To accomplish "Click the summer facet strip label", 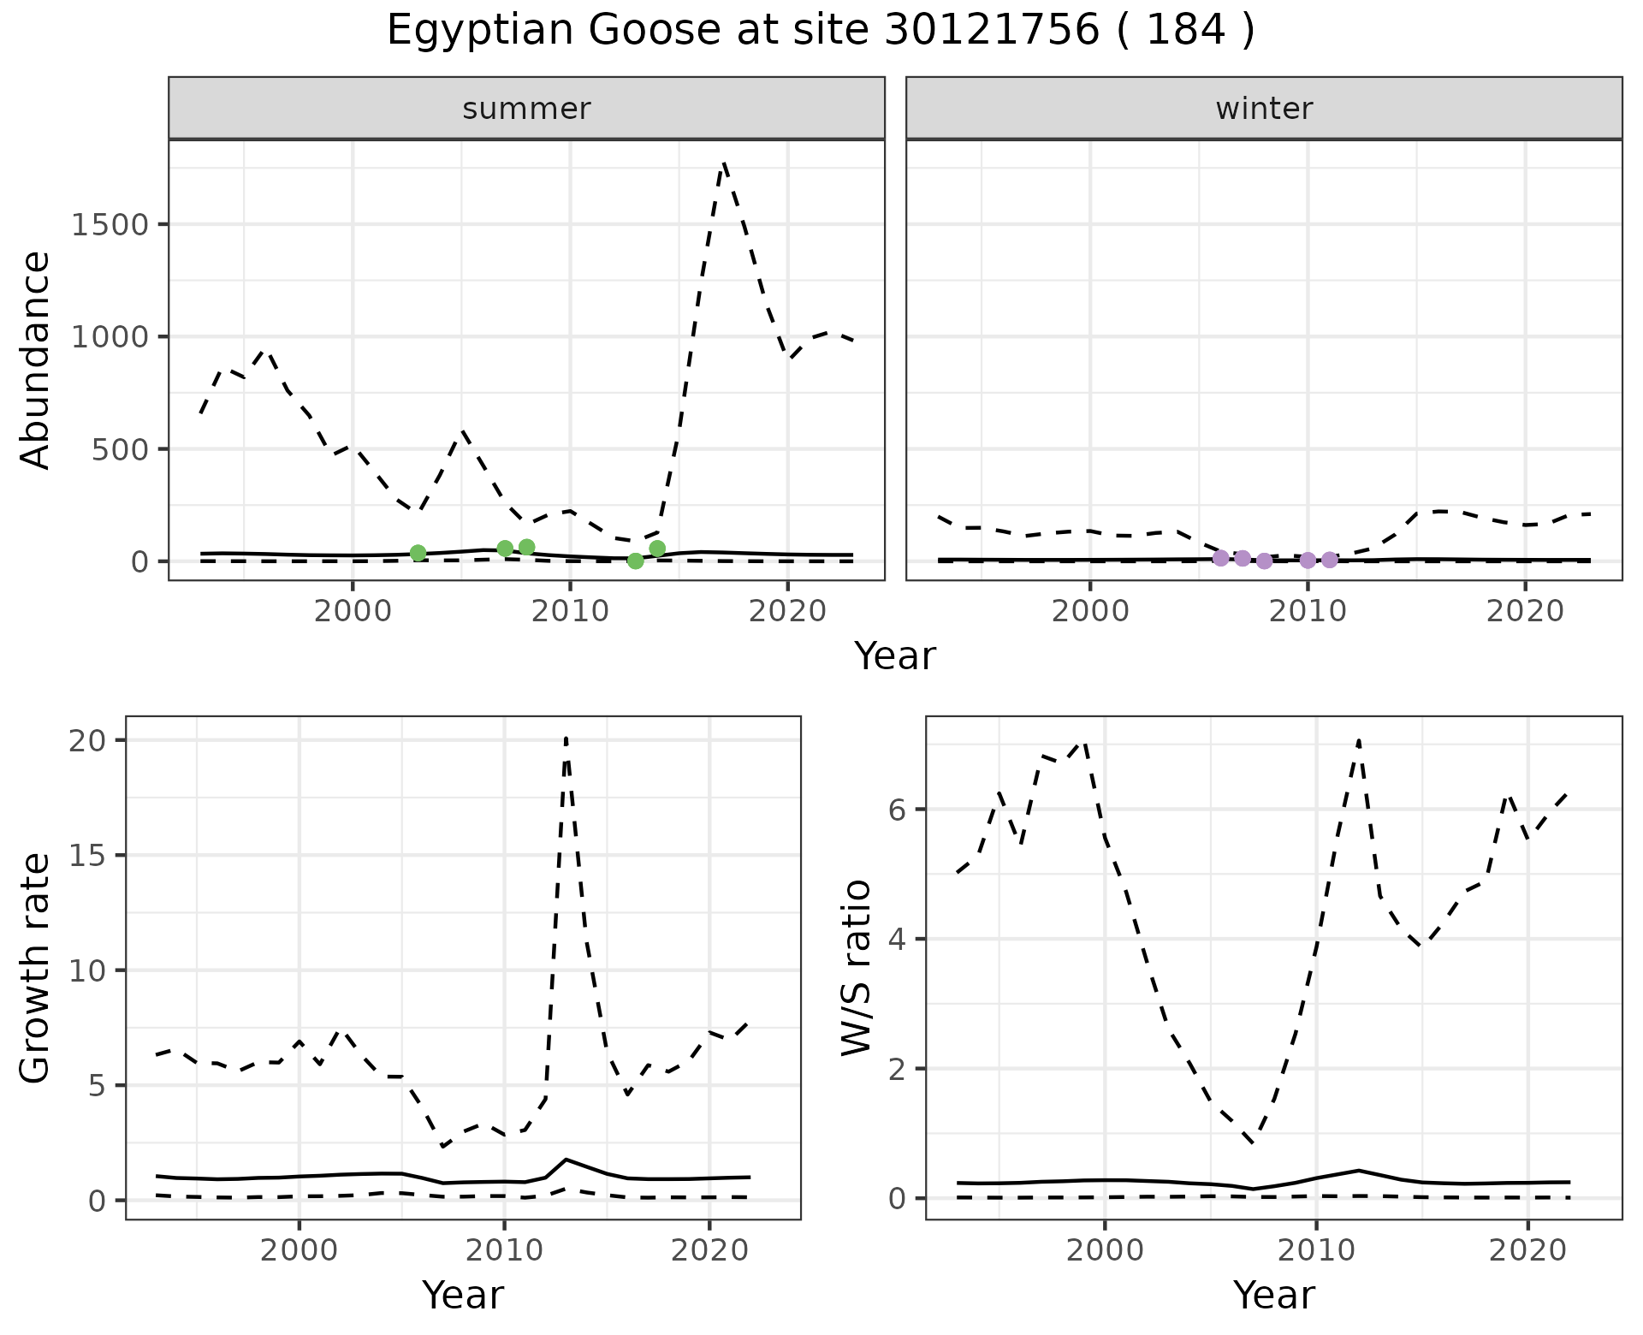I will tap(526, 109).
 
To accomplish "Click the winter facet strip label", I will tap(1264, 109).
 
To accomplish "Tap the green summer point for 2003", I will tap(418, 553).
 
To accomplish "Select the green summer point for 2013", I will tap(635, 561).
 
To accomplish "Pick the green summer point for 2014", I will tap(657, 549).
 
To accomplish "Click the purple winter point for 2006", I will tap(1220, 558).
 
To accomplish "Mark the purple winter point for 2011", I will tap(1329, 560).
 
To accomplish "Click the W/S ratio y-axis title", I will tap(856, 967).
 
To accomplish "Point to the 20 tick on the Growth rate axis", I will tap(86, 741).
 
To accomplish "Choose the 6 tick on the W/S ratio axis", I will tap(897, 810).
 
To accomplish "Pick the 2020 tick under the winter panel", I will tap(1524, 611).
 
